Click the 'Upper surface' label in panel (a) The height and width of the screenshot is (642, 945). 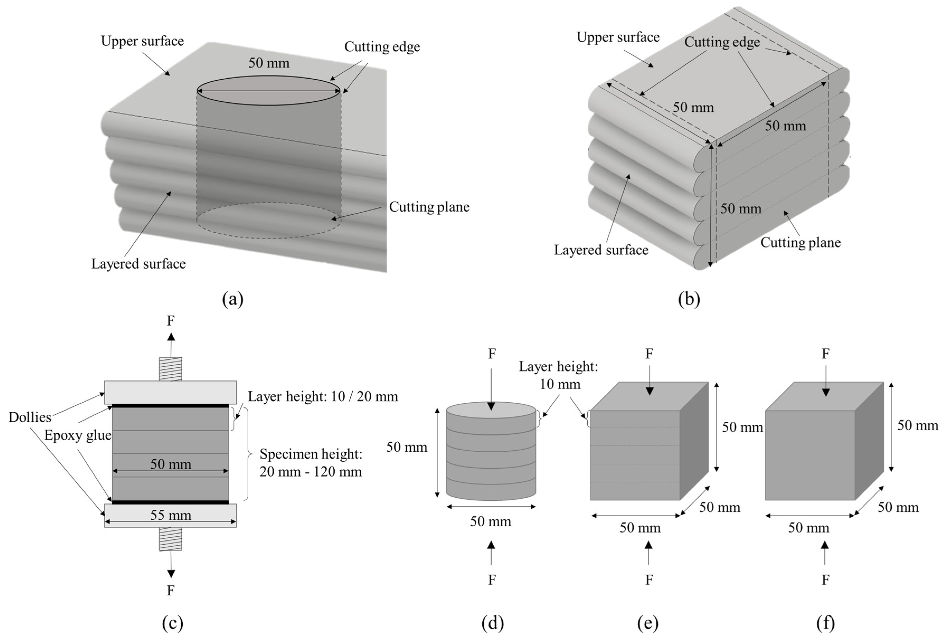(x=142, y=41)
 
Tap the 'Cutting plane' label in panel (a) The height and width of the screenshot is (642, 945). (x=429, y=207)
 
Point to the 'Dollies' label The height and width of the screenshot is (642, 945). (x=30, y=417)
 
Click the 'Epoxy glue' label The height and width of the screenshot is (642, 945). (x=78, y=435)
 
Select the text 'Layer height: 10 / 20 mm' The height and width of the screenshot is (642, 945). (x=323, y=396)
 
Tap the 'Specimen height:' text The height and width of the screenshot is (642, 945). (x=311, y=454)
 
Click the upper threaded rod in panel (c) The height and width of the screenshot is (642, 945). (x=170, y=369)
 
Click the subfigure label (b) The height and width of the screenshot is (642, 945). (x=689, y=299)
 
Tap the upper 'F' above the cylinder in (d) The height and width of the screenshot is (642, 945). (x=492, y=354)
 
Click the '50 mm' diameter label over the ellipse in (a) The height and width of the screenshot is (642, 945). (x=269, y=63)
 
